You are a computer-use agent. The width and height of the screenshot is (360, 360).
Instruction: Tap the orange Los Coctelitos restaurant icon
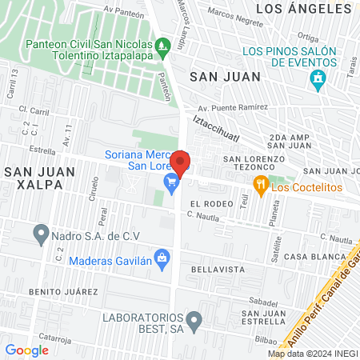(260, 187)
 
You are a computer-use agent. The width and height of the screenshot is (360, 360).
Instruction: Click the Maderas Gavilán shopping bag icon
(162, 258)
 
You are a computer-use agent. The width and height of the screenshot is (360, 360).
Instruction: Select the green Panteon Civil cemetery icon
(163, 47)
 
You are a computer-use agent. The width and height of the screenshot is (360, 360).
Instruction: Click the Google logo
(26, 350)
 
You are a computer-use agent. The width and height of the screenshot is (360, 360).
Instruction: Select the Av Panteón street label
(99, 12)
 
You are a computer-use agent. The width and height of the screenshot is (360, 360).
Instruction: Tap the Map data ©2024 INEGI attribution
(312, 354)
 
